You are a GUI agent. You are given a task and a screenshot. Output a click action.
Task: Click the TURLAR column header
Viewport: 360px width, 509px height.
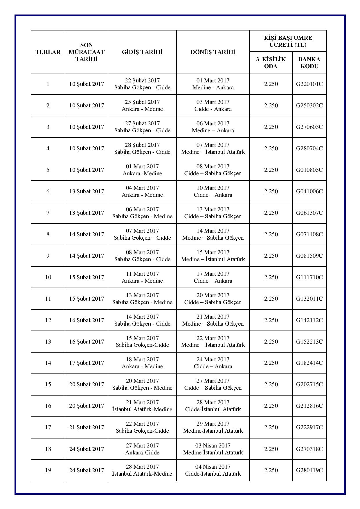(x=48, y=52)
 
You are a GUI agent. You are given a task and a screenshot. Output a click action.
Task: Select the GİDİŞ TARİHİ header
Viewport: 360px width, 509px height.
(x=142, y=52)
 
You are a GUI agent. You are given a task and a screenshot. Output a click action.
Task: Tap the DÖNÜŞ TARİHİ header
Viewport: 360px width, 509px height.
(x=213, y=52)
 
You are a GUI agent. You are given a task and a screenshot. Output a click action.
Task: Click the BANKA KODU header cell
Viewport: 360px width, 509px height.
(x=309, y=63)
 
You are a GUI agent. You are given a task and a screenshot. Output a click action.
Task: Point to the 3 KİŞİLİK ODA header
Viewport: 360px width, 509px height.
(x=271, y=63)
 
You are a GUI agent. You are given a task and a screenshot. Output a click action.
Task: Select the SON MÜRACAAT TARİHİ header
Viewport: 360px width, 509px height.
(x=87, y=52)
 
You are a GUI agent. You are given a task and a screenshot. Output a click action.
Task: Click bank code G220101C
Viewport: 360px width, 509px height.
(x=309, y=84)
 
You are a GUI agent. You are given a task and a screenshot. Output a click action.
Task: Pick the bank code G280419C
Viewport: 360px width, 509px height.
(x=309, y=470)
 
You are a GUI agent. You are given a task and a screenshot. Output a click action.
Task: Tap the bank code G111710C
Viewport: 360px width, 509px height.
(x=309, y=277)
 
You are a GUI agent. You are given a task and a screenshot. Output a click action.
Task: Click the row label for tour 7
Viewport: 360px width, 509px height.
(x=48, y=213)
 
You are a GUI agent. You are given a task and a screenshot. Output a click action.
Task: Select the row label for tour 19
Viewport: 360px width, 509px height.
(x=48, y=470)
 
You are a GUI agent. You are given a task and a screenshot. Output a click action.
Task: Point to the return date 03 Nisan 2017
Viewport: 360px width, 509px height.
(x=213, y=445)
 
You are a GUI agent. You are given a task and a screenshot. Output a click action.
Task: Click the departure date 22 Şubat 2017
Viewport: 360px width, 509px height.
(x=142, y=81)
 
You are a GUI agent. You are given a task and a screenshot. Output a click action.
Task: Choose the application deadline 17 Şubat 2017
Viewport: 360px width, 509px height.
(x=87, y=363)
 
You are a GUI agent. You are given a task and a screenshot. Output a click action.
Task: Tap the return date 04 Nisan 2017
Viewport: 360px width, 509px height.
(x=213, y=467)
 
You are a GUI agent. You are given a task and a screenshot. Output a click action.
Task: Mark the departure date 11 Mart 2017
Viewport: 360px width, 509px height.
(x=142, y=274)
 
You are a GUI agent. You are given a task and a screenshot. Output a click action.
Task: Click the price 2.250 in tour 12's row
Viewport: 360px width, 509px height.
(x=271, y=320)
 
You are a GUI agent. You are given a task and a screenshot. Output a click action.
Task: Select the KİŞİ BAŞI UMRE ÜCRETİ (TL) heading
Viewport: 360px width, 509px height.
(x=288, y=41)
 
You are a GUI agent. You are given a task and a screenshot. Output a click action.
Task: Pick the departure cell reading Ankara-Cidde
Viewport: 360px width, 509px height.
(x=142, y=452)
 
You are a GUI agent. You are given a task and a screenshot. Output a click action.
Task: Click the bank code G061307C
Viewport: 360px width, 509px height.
(x=309, y=213)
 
